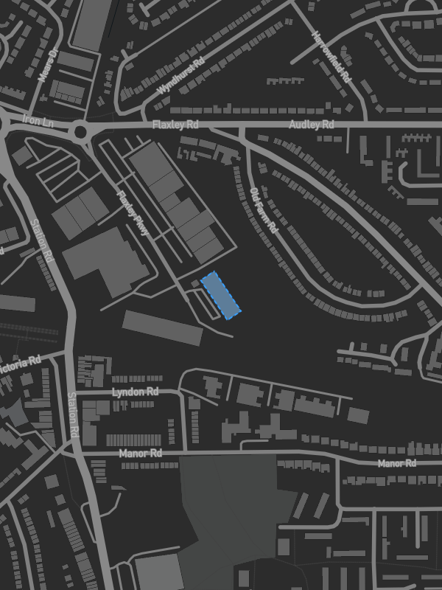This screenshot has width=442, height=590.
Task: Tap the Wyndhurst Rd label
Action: coord(181,78)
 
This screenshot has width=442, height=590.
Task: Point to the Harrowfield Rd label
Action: coord(332,57)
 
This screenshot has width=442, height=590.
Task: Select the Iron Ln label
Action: coord(38,119)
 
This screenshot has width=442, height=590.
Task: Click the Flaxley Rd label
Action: coord(175,125)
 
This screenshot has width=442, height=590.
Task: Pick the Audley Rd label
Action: coord(311,125)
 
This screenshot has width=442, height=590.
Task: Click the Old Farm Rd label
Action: coord(263,210)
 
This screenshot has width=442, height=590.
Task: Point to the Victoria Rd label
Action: coord(21,363)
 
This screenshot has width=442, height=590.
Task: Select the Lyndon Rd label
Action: coord(135,392)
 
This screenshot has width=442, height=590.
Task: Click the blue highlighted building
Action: coord(221,295)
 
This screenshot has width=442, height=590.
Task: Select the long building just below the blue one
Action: coord(162,327)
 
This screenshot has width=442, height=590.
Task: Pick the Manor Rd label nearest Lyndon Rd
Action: coord(140,454)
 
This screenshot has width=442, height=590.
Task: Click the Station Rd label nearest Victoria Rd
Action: coord(72,416)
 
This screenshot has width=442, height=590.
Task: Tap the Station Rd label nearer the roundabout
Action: coord(42,242)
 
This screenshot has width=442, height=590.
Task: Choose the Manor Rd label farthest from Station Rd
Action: coord(397,463)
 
